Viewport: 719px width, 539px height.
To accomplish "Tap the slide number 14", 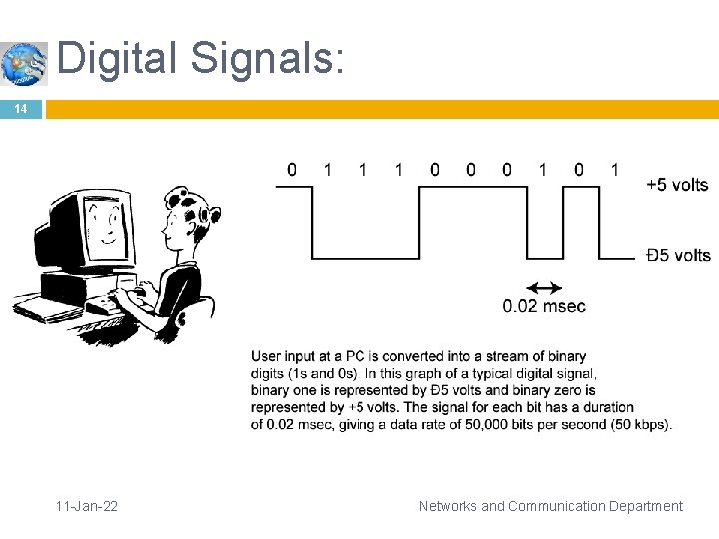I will (21, 109).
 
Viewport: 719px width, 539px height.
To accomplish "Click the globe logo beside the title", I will (24, 63).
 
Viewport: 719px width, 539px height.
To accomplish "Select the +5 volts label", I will (677, 185).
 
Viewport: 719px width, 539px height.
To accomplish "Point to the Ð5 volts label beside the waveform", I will (678, 256).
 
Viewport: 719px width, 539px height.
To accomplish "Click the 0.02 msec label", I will (544, 306).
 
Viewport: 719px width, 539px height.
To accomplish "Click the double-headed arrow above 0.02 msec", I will (544, 287).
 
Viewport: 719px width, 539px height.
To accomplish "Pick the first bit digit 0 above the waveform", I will (292, 170).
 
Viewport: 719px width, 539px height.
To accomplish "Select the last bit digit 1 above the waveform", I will (615, 170).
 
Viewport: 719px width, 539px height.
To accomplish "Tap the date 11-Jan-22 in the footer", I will (88, 506).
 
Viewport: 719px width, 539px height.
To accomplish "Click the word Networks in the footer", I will (448, 506).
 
